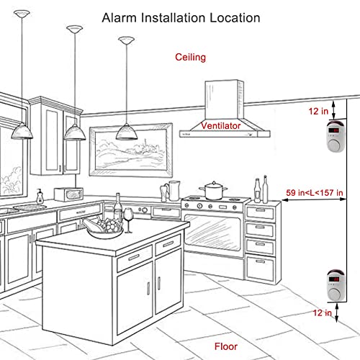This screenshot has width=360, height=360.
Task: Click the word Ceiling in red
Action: pos(190,58)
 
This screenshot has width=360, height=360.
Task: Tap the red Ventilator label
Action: pos(221,125)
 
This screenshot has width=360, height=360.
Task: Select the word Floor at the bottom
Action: pos(226,346)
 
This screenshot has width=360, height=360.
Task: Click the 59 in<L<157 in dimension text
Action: pos(315,192)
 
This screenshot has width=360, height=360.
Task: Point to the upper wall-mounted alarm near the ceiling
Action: pos(336,136)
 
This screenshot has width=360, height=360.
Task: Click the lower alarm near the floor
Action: pos(336,285)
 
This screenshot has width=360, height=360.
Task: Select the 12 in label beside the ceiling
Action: pos(318,111)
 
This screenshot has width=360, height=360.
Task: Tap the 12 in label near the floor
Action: pos(322,312)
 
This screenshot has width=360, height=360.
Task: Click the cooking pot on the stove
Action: pos(213,191)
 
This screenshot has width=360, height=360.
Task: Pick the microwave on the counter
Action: pos(68,194)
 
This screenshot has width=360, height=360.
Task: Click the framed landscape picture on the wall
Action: pos(131,150)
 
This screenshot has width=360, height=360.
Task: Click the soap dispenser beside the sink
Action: pos(40,197)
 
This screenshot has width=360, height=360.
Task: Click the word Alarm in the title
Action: pos(120,18)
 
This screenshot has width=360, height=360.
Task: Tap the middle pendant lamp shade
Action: pos(74,132)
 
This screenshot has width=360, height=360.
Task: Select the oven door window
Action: pos(212,233)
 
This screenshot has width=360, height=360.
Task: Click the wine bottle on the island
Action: pos(118,208)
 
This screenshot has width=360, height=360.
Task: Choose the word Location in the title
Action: pos(235,18)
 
